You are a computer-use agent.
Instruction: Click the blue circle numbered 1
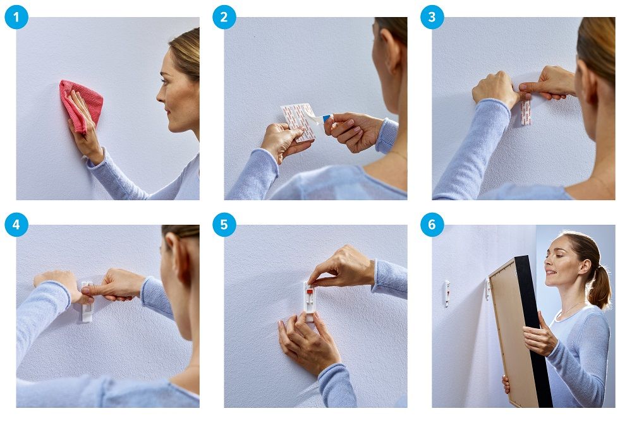click(16, 17)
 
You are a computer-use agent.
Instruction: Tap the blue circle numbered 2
click(224, 17)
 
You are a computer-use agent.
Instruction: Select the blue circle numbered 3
click(432, 17)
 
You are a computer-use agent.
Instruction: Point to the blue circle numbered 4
click(16, 225)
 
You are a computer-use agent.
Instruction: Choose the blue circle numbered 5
click(224, 225)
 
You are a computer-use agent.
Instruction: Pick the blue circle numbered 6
click(432, 225)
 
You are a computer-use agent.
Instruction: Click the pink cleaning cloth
click(81, 105)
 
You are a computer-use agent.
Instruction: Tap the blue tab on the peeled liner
click(327, 118)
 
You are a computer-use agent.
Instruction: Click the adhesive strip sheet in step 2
click(298, 122)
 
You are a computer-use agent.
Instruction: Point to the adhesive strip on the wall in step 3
click(526, 112)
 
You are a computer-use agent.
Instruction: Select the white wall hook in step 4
click(87, 302)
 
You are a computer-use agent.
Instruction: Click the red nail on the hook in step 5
click(310, 292)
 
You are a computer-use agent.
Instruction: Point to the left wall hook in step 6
click(447, 294)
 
